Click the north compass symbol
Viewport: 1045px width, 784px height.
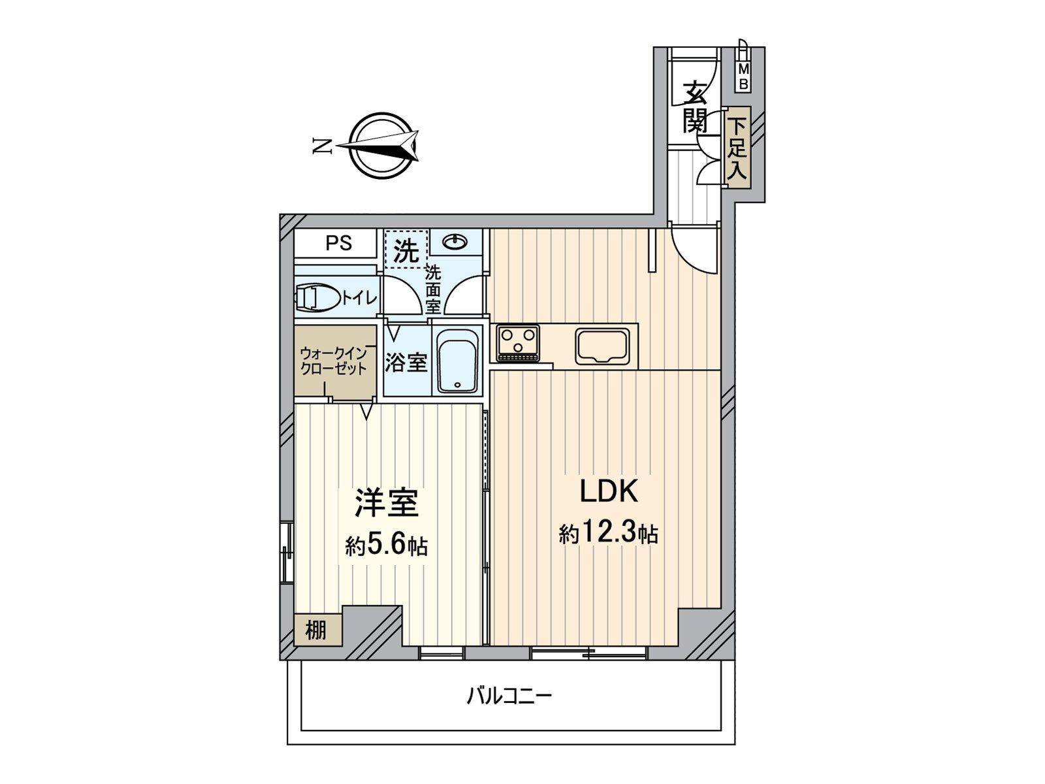tap(381, 146)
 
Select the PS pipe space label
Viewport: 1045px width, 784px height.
tap(338, 243)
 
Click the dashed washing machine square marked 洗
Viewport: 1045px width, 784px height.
tap(406, 248)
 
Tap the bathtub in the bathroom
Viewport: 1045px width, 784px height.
tap(457, 360)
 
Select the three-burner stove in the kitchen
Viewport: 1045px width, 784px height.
tap(517, 343)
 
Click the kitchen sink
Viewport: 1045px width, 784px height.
tap(602, 346)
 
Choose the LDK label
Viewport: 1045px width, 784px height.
tap(609, 491)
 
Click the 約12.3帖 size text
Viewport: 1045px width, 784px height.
tap(609, 534)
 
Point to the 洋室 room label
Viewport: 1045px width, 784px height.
tap(386, 503)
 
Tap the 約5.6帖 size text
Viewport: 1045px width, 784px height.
tap(386, 546)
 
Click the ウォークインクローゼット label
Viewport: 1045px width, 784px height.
tap(334, 361)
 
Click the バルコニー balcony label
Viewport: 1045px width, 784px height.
tap(509, 697)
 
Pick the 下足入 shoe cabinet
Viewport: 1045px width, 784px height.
tap(737, 147)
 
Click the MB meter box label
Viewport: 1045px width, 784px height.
tap(743, 77)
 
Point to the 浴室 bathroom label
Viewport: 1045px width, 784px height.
tap(406, 363)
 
